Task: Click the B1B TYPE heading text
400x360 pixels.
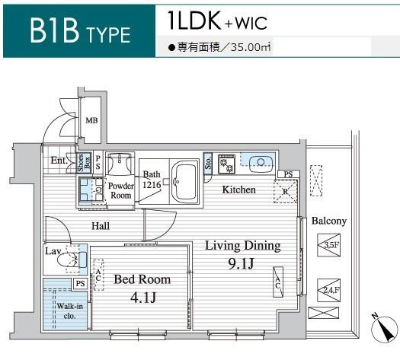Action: [x=80, y=30]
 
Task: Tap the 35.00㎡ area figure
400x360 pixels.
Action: [x=251, y=48]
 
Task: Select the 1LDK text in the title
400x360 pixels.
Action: [x=194, y=21]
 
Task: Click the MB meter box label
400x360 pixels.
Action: [x=91, y=120]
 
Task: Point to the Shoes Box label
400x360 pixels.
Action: [x=84, y=163]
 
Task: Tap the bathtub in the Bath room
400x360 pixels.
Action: [x=184, y=181]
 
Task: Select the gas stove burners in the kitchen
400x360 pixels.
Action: [x=227, y=164]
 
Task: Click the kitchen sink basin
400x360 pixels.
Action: [x=261, y=162]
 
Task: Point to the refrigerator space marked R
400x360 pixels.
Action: [x=286, y=191]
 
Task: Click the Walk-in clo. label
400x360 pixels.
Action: [x=69, y=311]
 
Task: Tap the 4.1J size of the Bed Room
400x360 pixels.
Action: [x=143, y=298]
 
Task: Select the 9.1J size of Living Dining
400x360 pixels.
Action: [x=241, y=263]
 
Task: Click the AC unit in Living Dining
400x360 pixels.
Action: [x=278, y=282]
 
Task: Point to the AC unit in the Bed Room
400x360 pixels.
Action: [x=98, y=275]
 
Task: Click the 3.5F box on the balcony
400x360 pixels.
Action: [x=329, y=245]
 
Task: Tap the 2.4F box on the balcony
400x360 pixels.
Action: [x=329, y=290]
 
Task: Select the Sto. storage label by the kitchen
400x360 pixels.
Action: [x=208, y=163]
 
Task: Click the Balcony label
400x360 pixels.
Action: [x=329, y=221]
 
